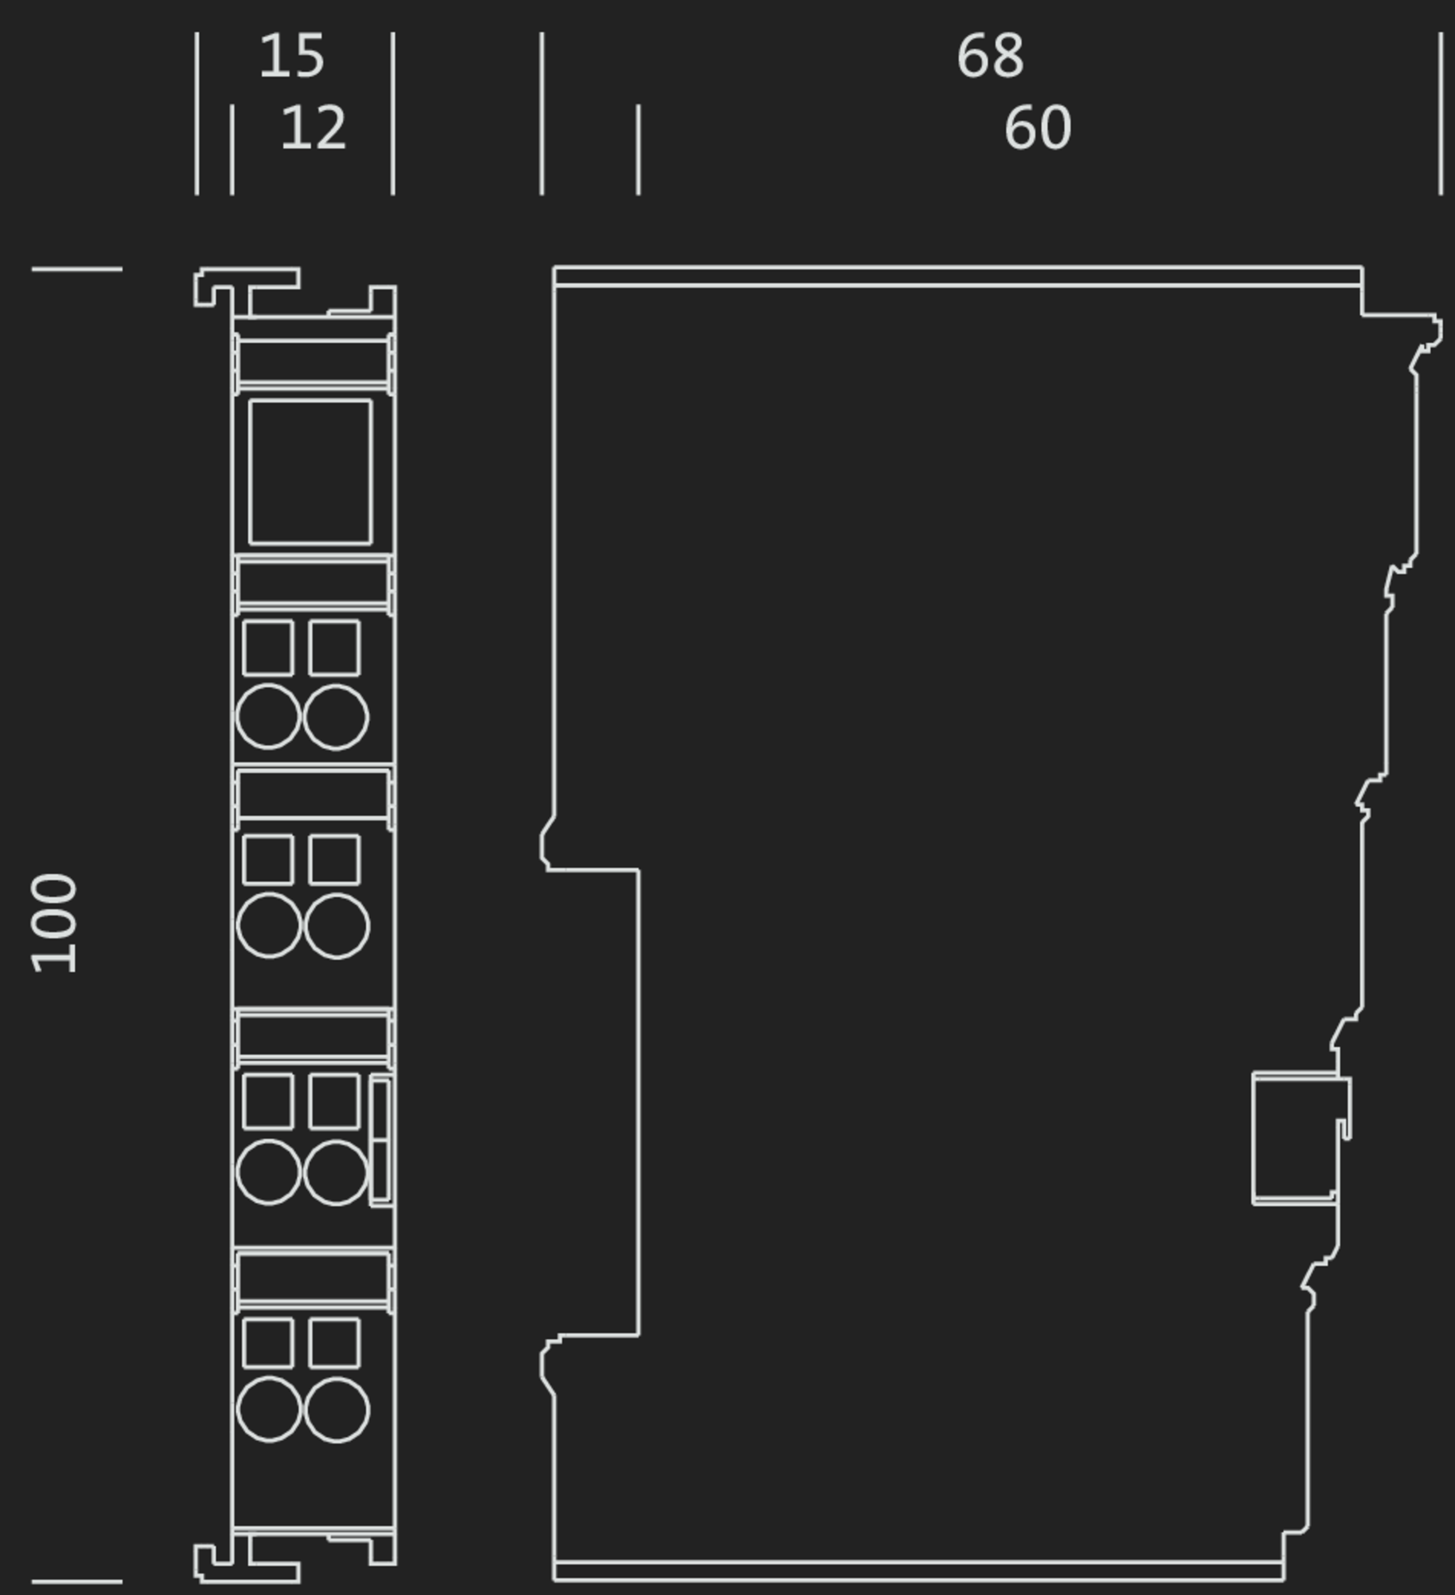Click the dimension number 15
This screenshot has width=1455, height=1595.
292,56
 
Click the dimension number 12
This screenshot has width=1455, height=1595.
313,128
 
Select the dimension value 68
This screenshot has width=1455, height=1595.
990,56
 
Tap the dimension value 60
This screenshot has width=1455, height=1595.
1037,128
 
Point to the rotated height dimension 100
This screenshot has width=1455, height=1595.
54,924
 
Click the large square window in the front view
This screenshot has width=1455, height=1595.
310,472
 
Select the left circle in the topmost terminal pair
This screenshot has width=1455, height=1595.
268,716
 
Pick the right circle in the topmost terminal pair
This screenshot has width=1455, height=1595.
336,717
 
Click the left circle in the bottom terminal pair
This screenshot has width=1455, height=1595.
269,1409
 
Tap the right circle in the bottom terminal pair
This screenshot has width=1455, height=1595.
337,1410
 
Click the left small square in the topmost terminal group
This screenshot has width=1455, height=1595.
268,648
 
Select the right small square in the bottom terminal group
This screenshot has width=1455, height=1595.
334,1343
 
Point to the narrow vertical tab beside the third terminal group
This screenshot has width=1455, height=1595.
381,1140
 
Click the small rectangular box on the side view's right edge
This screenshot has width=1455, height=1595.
1295,1138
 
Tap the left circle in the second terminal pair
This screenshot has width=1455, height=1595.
269,925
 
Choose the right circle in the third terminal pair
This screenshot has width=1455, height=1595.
336,1172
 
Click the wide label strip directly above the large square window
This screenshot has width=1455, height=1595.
313,362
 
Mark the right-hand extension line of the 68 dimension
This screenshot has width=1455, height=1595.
1441,113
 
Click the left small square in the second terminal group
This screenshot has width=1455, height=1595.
268,860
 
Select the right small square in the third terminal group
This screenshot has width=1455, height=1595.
334,1101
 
